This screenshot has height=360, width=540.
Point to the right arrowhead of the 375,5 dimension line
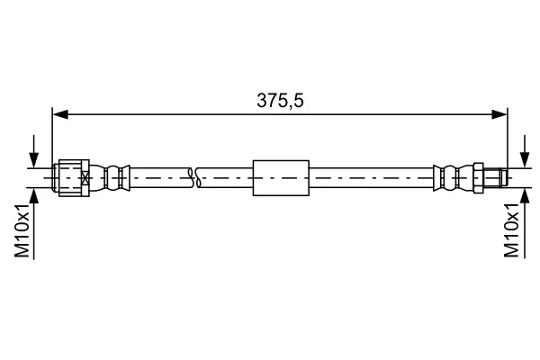click(500, 114)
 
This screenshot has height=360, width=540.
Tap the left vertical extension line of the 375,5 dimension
click(53, 135)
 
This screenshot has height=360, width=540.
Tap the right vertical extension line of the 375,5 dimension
click(507, 135)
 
